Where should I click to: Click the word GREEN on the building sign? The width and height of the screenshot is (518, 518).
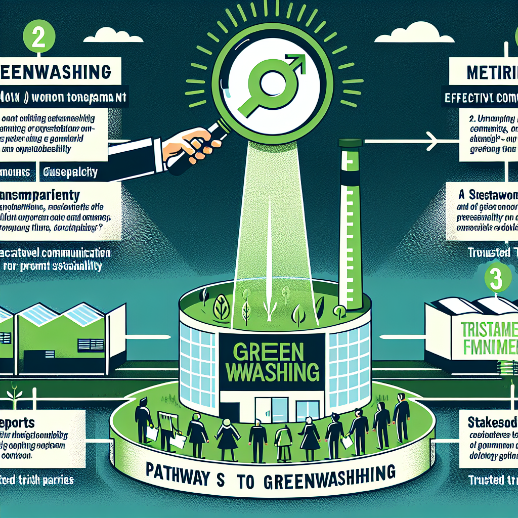click(270, 351)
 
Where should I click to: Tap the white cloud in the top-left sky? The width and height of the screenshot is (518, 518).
click(116, 33)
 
